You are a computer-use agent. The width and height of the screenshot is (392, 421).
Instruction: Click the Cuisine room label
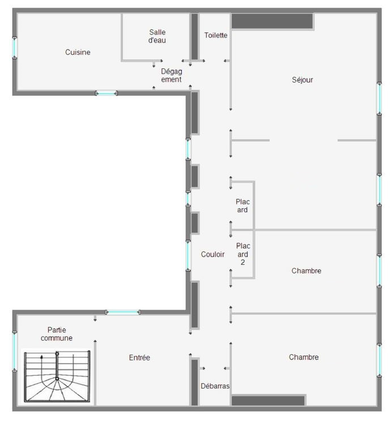(x=78, y=52)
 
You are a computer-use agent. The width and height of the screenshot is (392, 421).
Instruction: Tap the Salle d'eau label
(x=157, y=36)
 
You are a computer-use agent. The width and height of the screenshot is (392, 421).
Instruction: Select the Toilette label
(x=216, y=35)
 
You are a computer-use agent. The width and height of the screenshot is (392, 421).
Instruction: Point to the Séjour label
(x=302, y=80)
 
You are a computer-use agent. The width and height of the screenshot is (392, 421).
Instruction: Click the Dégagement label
(x=172, y=75)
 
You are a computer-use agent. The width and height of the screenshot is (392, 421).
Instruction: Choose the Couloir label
(x=212, y=254)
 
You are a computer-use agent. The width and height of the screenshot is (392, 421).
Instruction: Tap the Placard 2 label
(x=243, y=254)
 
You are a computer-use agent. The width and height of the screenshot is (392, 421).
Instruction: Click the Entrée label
(x=139, y=358)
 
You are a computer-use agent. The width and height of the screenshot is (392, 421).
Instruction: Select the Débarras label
(x=215, y=386)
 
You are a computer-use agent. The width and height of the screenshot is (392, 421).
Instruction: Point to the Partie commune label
(x=57, y=334)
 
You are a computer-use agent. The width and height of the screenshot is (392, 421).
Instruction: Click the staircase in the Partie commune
(x=57, y=376)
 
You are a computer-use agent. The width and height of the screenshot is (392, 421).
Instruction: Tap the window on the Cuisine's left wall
(x=15, y=48)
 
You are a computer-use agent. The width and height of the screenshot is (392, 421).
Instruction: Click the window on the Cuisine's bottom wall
(x=106, y=93)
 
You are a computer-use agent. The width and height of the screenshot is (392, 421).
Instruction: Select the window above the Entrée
(x=122, y=312)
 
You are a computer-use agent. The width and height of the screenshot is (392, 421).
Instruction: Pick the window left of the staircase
(x=15, y=351)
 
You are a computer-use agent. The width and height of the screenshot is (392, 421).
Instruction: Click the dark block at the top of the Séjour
(x=272, y=21)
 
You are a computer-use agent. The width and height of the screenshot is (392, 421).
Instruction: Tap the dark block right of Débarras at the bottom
(x=268, y=401)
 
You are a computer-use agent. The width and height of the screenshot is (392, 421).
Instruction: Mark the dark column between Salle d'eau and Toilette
(x=195, y=37)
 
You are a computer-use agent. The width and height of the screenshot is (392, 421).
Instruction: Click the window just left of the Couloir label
(x=188, y=256)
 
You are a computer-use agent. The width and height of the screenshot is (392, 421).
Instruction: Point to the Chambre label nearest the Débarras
(x=304, y=357)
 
